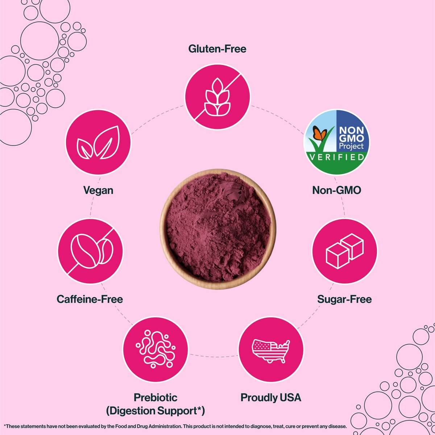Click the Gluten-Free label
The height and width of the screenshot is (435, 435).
(x=217, y=49)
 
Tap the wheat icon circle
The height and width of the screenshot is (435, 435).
(x=217, y=97)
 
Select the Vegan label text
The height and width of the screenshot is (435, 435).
(x=98, y=190)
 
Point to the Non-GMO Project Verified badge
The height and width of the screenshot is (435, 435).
(x=336, y=142)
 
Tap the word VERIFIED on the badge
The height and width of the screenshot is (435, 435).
(x=336, y=157)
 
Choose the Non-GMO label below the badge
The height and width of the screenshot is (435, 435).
(x=336, y=190)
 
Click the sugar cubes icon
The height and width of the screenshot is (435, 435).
(x=344, y=251)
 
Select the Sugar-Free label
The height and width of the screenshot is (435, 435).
(x=344, y=299)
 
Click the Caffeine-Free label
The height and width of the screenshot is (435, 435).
(x=90, y=299)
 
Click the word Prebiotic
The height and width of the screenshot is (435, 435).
(x=156, y=397)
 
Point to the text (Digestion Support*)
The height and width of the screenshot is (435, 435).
(x=156, y=411)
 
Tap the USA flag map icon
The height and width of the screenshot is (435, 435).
(x=271, y=350)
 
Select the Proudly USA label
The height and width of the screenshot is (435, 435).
(x=271, y=398)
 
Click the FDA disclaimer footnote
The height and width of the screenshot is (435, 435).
(x=175, y=427)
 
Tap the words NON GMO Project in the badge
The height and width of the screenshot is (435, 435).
(x=351, y=138)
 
